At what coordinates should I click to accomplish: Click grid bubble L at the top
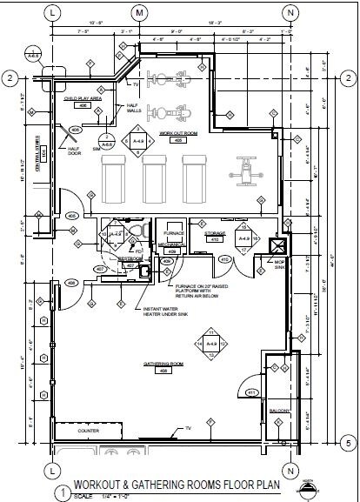tap(54, 13)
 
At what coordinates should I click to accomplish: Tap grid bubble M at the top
tap(139, 13)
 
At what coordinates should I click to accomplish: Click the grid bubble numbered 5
tap(346, 444)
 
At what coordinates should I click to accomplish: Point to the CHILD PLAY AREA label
tap(83, 100)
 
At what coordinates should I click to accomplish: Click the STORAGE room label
tap(216, 234)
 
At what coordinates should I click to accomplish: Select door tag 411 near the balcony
tap(252, 393)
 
